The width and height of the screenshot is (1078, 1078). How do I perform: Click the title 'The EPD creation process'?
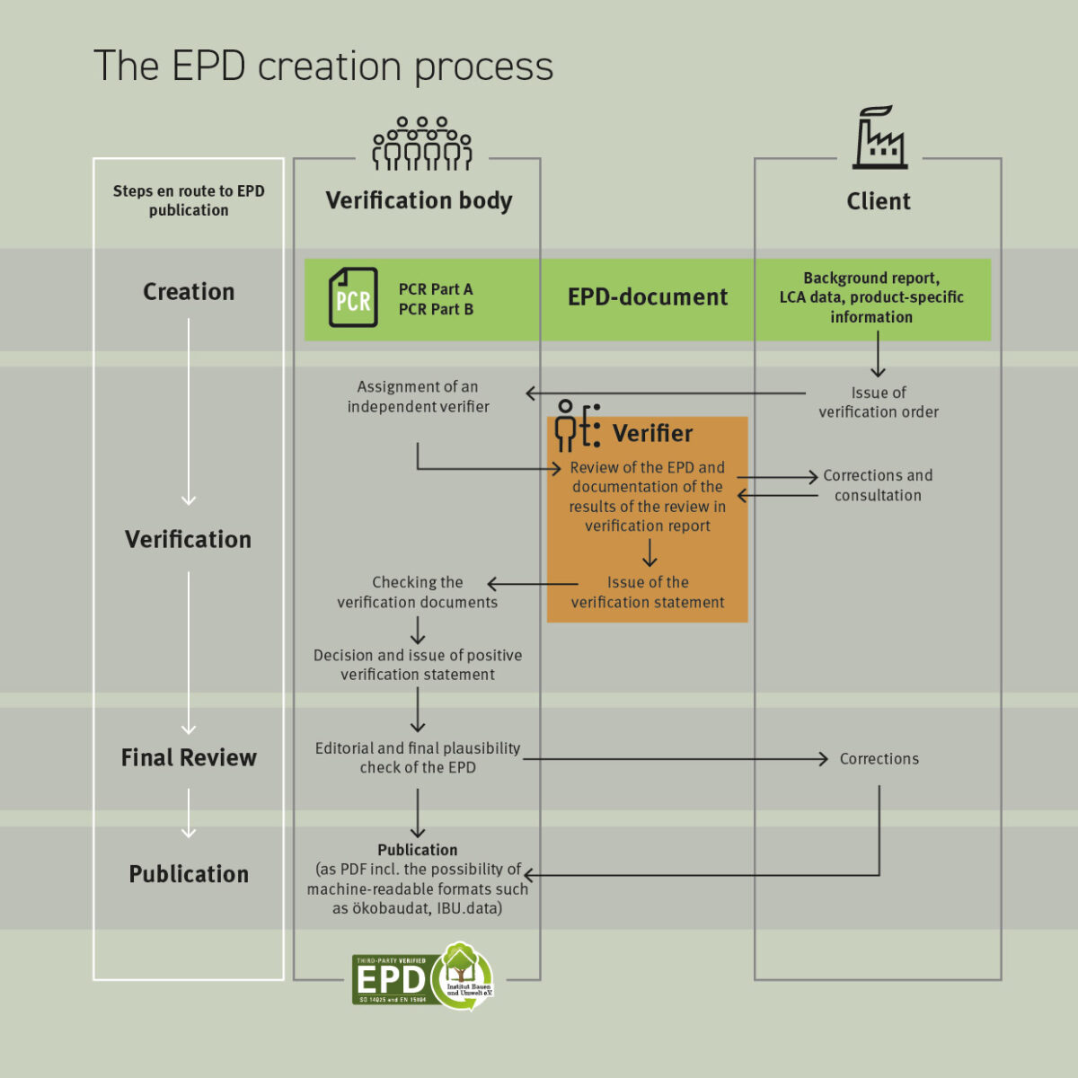[x=323, y=66]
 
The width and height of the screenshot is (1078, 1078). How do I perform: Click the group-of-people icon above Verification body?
[x=422, y=144]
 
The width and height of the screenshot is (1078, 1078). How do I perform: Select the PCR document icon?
[x=352, y=297]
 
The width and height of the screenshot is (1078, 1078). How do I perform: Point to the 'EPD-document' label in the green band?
[x=647, y=297]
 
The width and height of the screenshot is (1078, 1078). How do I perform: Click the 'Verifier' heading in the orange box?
[x=652, y=434]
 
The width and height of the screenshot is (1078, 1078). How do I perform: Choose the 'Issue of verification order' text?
[x=878, y=402]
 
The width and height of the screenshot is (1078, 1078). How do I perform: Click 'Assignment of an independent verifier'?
[x=418, y=396]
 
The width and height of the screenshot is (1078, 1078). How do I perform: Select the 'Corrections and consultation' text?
[x=878, y=485]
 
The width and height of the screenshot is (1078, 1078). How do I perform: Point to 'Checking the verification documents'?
[x=418, y=592]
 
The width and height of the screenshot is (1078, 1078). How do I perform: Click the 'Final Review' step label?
[x=189, y=758]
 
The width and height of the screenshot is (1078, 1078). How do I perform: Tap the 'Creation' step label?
[x=189, y=292]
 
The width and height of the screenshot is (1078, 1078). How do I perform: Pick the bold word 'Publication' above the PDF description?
[x=418, y=850]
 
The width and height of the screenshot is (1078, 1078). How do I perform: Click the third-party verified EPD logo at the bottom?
[x=422, y=976]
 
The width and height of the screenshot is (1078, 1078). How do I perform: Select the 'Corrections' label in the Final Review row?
[x=879, y=759]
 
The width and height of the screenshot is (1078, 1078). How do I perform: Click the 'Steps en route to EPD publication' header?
[x=189, y=200]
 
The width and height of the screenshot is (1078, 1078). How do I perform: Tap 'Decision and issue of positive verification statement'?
[x=418, y=665]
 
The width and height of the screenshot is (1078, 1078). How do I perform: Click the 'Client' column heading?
[x=878, y=201]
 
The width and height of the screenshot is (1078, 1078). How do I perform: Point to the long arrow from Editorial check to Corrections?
[x=674, y=759]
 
